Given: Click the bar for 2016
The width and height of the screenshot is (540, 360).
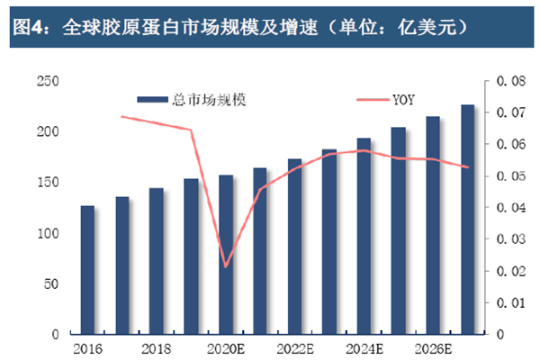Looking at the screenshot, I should coord(87,270).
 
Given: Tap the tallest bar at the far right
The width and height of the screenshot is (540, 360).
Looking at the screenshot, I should coord(468,220).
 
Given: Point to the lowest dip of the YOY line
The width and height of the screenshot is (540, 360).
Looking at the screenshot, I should coord(226,267).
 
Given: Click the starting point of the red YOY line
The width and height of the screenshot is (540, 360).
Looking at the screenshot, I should coord(121,116).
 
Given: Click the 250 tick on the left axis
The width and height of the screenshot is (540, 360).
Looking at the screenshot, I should coord(45,81).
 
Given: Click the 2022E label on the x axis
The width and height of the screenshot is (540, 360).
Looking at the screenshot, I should coord(295,349).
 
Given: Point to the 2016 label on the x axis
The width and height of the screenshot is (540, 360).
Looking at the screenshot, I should coord(87,349).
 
